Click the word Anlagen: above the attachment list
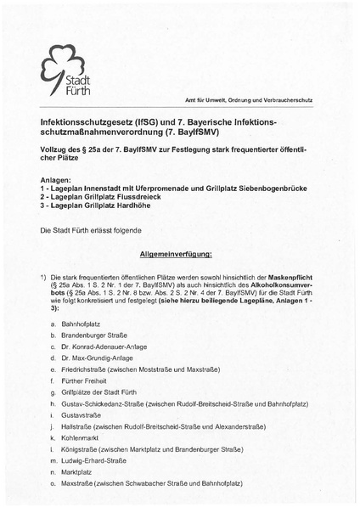pos(57,180)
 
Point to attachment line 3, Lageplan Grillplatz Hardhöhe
pos(104,206)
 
